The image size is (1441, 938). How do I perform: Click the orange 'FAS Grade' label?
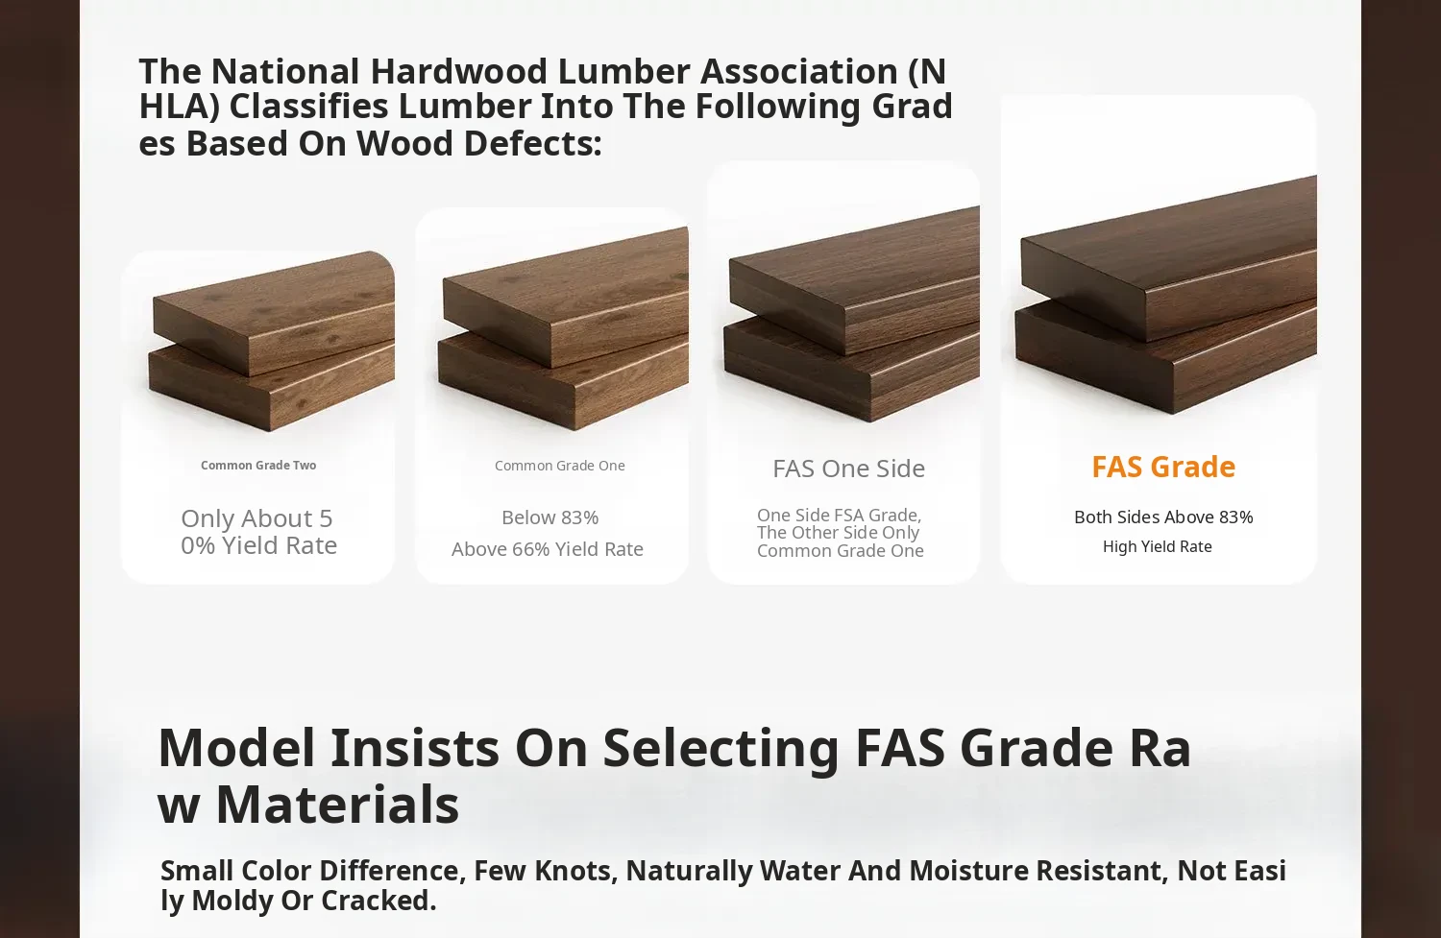1163,468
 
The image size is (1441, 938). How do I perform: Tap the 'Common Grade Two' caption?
258,466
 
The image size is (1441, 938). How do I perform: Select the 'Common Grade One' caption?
560,466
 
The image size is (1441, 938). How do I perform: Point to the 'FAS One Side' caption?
848,469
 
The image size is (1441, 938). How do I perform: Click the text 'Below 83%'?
550,517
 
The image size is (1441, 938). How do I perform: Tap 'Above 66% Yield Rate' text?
548,549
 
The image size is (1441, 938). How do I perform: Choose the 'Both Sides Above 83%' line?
1163,517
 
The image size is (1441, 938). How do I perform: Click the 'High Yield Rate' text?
1158,546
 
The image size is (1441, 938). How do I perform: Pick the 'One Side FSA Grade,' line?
839,515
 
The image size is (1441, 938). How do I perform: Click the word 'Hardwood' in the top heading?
458,71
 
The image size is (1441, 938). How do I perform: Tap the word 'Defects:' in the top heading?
532,143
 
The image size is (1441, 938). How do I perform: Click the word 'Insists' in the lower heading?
414,748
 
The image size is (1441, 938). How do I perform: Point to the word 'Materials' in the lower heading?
338,805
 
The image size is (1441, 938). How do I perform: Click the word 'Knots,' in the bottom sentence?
575,871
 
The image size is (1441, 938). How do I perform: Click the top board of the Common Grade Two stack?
274,313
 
